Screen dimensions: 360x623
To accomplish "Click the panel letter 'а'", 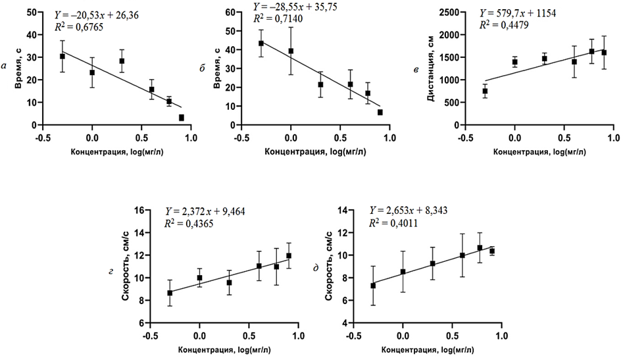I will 6,64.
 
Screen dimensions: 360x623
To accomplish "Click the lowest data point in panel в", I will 485,91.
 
